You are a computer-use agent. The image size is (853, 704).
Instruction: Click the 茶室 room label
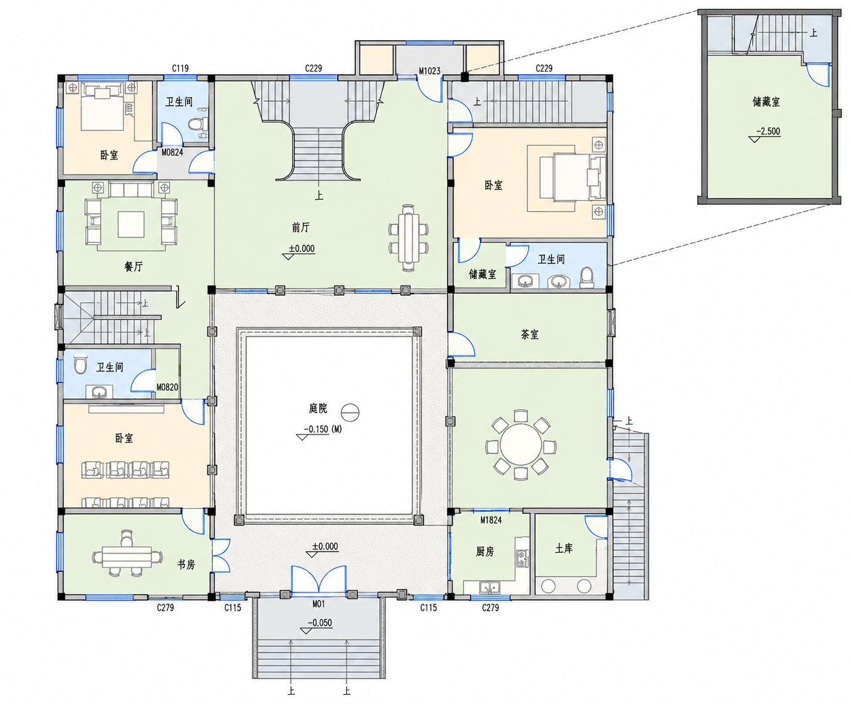click(x=529, y=335)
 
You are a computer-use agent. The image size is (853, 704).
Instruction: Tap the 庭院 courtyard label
click(x=318, y=408)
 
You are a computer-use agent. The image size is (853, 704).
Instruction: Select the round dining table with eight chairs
click(x=521, y=445)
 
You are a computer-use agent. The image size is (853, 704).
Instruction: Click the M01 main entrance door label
click(x=319, y=604)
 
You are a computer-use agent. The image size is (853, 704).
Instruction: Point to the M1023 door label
click(x=429, y=71)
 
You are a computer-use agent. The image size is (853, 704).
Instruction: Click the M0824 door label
click(x=172, y=153)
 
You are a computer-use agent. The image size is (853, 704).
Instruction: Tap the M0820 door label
click(x=167, y=387)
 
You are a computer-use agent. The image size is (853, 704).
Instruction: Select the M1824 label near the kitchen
click(x=490, y=520)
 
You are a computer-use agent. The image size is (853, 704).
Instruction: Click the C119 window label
click(x=180, y=68)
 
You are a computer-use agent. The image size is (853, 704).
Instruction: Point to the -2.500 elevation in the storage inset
click(x=768, y=131)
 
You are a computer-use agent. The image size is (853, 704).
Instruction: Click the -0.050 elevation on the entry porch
click(x=320, y=622)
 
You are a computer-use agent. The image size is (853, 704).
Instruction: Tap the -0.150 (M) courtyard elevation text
click(x=323, y=429)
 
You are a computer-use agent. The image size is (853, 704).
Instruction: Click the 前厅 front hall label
click(x=301, y=227)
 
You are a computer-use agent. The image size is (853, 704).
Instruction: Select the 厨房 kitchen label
click(x=485, y=551)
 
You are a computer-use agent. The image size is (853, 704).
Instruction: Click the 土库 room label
click(x=564, y=549)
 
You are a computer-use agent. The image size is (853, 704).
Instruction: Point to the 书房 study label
click(x=186, y=564)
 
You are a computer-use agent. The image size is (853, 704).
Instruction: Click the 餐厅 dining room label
click(x=133, y=266)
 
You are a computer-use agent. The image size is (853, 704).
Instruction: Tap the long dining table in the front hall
click(x=408, y=238)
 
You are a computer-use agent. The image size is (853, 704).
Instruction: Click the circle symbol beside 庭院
click(x=350, y=412)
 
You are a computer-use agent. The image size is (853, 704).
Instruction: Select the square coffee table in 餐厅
click(x=131, y=224)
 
